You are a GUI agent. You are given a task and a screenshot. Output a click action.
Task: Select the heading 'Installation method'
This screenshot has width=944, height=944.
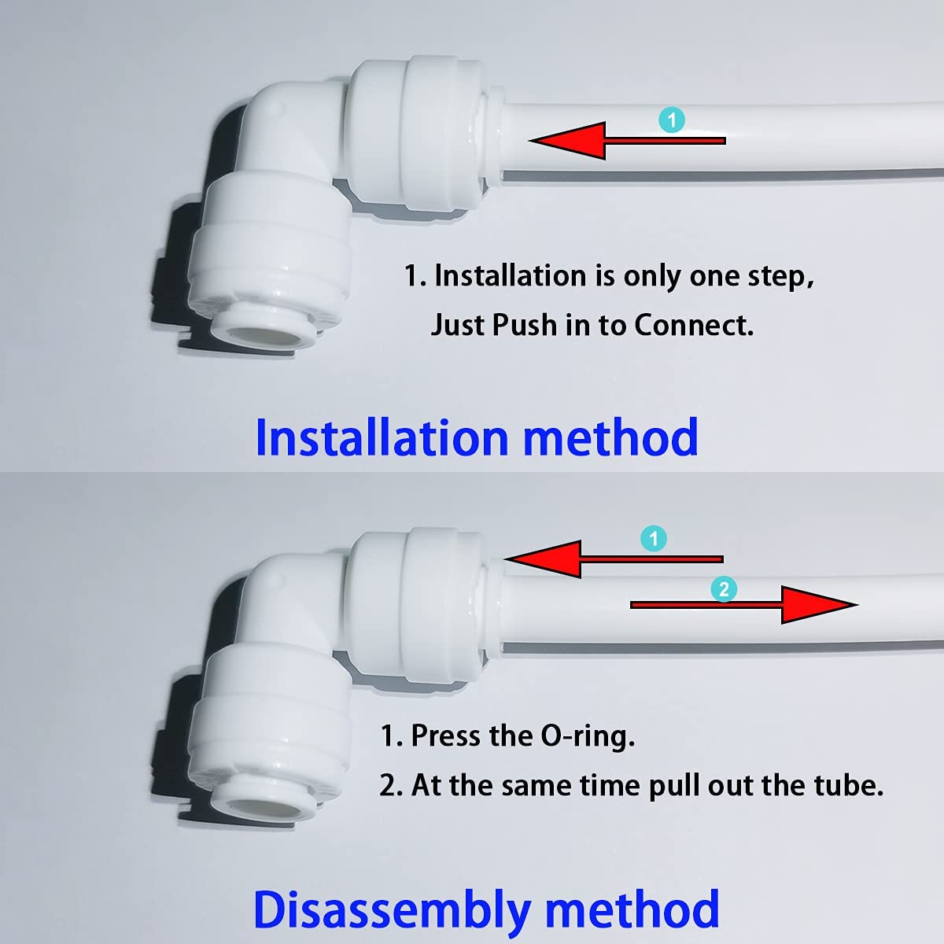[477, 437]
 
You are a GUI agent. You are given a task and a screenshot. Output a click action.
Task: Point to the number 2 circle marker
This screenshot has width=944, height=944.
[724, 589]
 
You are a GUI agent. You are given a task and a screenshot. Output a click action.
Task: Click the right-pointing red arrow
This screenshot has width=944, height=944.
[743, 605]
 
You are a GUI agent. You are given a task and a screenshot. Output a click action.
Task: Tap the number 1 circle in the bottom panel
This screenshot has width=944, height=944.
[654, 539]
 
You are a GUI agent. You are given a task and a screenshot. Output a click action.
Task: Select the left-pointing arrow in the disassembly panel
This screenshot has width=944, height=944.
[613, 559]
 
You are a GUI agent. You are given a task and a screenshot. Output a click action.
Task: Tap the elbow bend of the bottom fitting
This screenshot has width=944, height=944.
[252, 598]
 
